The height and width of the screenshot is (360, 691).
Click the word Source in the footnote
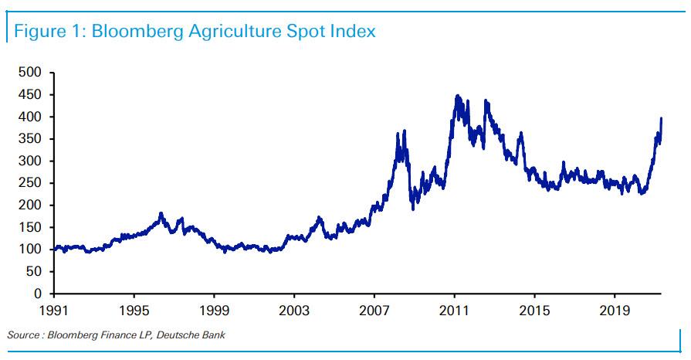[24, 335]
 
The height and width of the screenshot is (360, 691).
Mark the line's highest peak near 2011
[457, 96]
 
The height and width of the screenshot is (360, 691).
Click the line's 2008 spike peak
[398, 133]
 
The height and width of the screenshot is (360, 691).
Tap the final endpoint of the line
[662, 118]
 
